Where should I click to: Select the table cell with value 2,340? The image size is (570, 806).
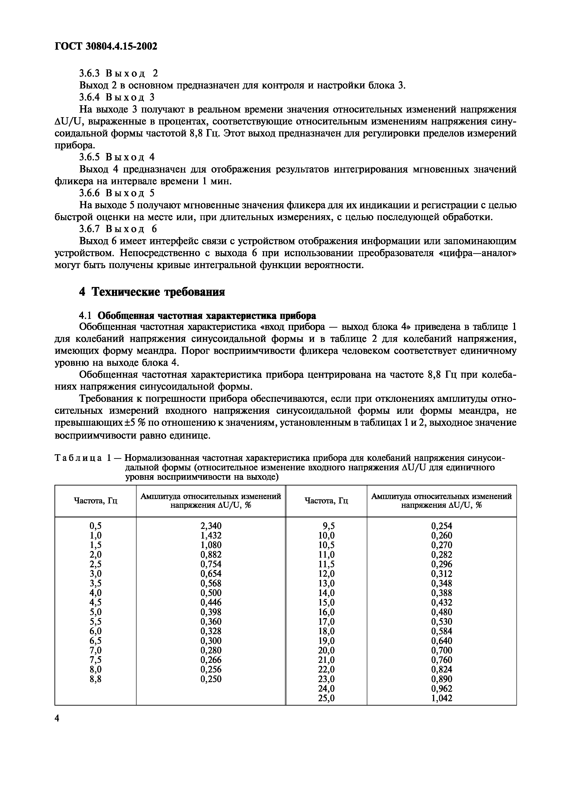click(x=211, y=526)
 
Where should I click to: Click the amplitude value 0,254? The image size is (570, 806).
click(x=442, y=526)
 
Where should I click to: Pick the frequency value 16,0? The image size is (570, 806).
click(x=326, y=612)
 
